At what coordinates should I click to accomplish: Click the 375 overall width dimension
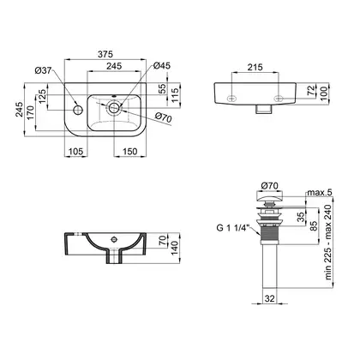(105, 54)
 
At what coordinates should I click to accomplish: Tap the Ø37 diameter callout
(43, 70)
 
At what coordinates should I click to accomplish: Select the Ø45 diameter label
(162, 65)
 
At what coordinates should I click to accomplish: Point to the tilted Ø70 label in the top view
(163, 117)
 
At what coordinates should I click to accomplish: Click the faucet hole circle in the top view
(78, 110)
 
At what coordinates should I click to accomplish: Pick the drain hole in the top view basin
(114, 108)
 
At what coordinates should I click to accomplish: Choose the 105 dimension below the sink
(75, 152)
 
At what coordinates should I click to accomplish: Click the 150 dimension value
(130, 152)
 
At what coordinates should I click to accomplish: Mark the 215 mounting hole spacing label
(255, 68)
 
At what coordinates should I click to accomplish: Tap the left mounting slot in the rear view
(231, 99)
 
